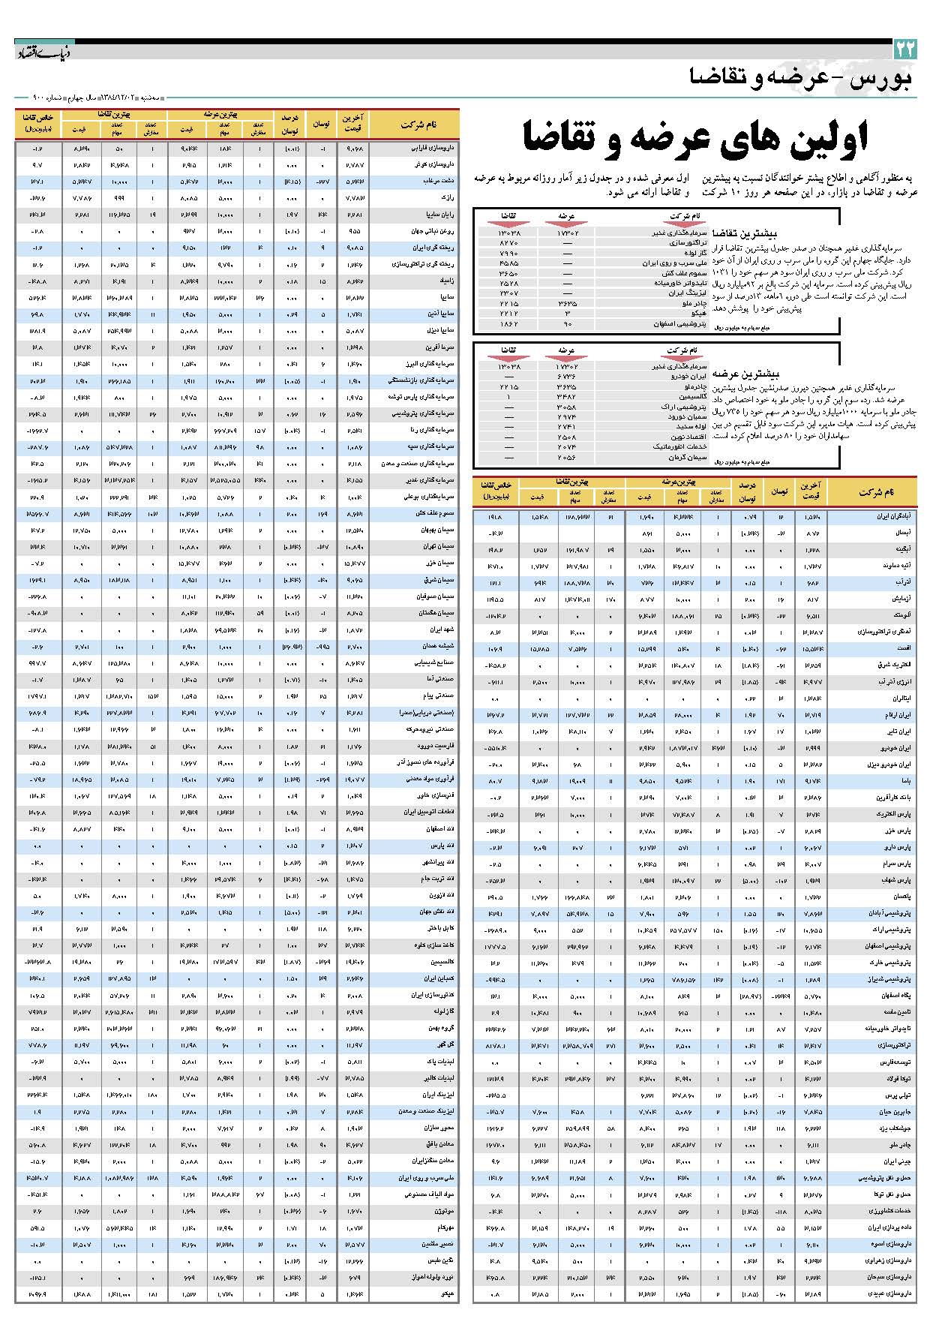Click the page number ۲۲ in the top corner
click(x=904, y=50)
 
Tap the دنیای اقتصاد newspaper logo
click(x=44, y=52)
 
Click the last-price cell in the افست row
click(x=812, y=649)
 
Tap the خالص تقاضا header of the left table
click(x=37, y=123)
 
